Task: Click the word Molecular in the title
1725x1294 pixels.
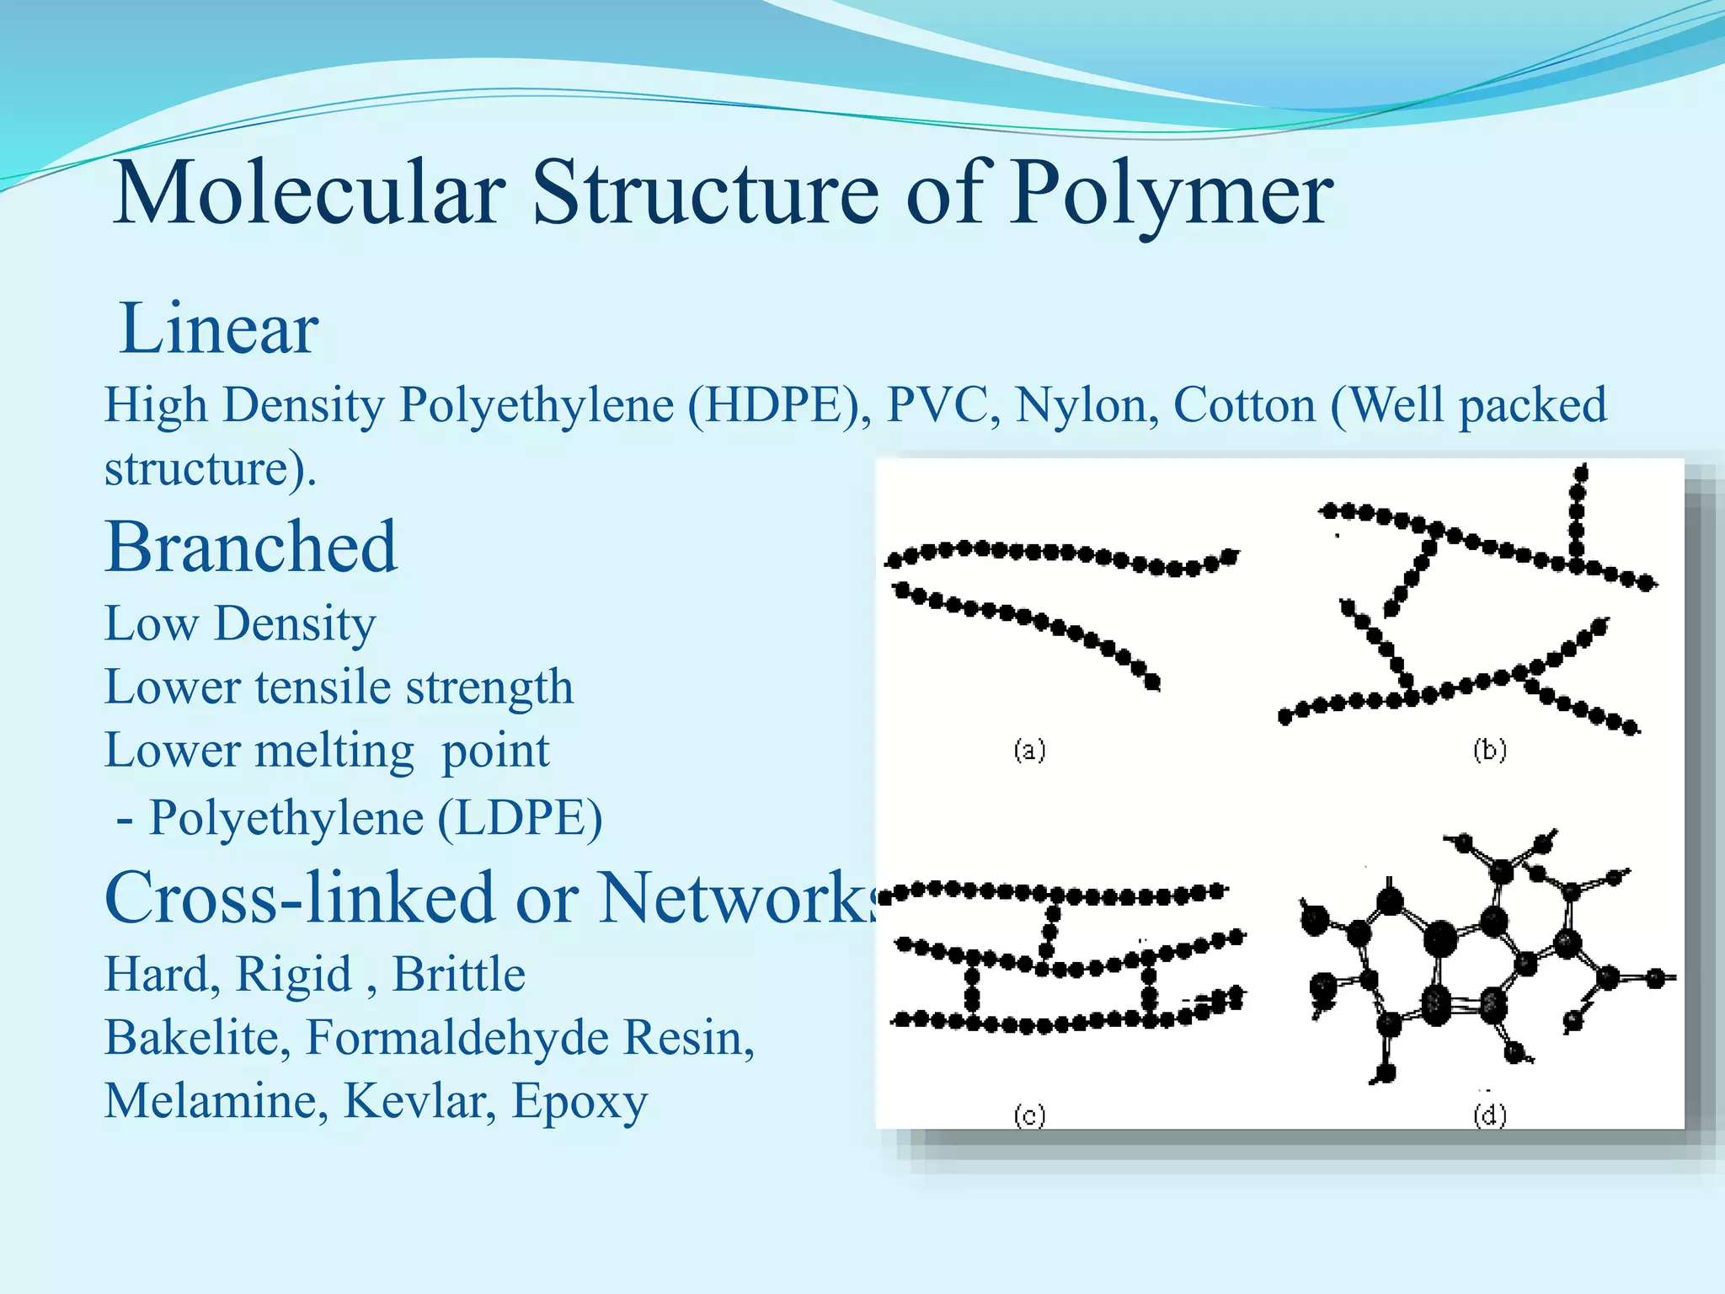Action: [308, 194]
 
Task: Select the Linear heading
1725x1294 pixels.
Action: [219, 329]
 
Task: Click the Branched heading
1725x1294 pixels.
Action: [251, 547]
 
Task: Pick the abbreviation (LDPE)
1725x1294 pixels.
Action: [520, 818]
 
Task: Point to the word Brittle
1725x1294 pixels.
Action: [459, 974]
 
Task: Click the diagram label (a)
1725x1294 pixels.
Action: [1029, 749]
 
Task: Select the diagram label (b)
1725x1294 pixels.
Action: [1489, 749]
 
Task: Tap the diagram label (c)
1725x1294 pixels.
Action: [1029, 1115]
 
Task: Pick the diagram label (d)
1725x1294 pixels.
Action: [1489, 1115]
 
